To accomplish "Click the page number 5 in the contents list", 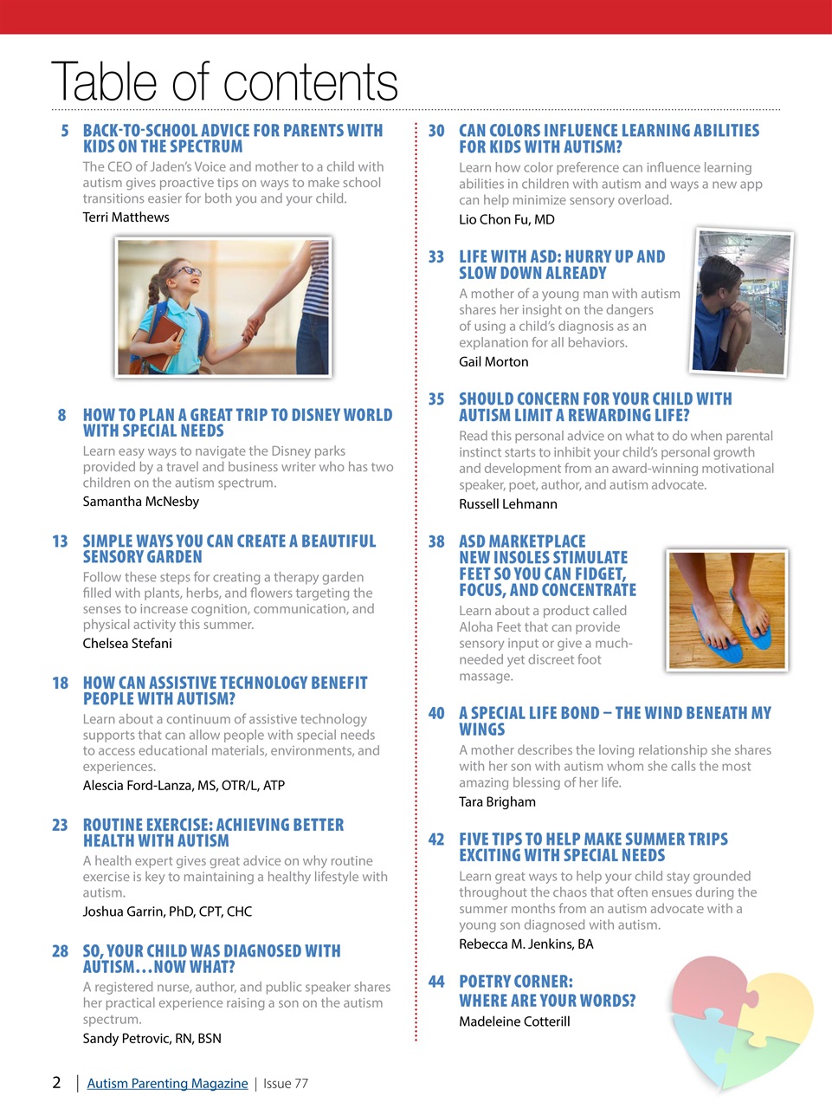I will coord(65,131).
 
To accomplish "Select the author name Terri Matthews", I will coord(126,217).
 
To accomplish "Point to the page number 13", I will coord(60,542).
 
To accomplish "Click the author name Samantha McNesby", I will coord(140,501).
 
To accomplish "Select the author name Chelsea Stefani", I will coord(127,643).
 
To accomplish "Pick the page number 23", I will coord(60,825).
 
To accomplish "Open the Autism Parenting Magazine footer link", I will coord(167,1083).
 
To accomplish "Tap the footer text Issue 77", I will coord(286,1083).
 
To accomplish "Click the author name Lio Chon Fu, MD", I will coord(506,219).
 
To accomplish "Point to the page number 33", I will coord(436,257).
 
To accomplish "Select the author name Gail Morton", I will coord(493,361).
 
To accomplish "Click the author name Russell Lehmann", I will coord(508,503).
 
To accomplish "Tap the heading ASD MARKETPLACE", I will coord(522,542).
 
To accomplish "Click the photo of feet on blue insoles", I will coord(727,610).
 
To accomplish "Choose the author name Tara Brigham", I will coord(497,801).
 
